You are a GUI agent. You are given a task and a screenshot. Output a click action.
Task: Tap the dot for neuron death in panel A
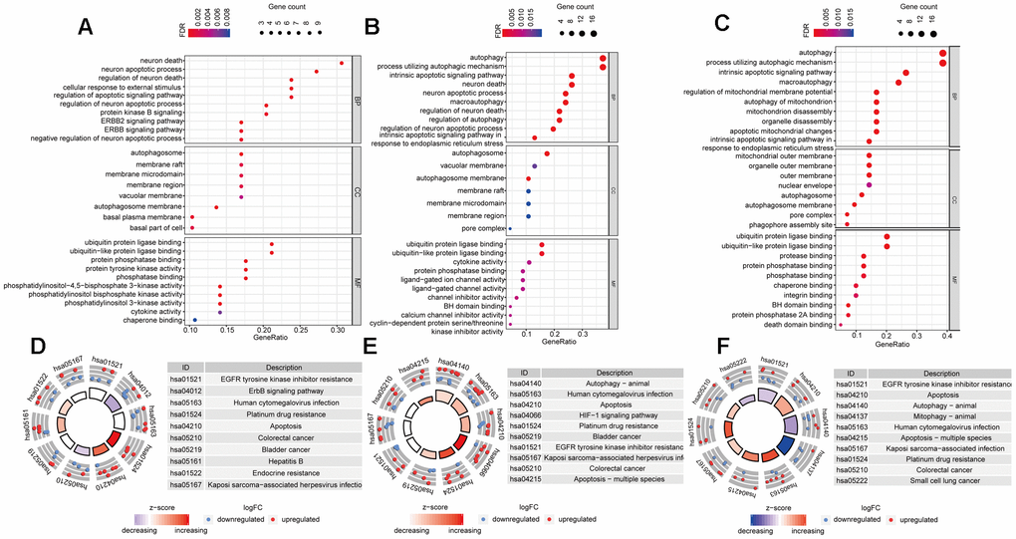coord(341,63)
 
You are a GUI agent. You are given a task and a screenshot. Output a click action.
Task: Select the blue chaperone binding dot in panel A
coord(195,320)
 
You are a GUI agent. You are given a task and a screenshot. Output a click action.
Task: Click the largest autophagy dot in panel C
coord(942,53)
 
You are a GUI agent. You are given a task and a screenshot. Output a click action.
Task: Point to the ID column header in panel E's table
coord(522,374)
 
